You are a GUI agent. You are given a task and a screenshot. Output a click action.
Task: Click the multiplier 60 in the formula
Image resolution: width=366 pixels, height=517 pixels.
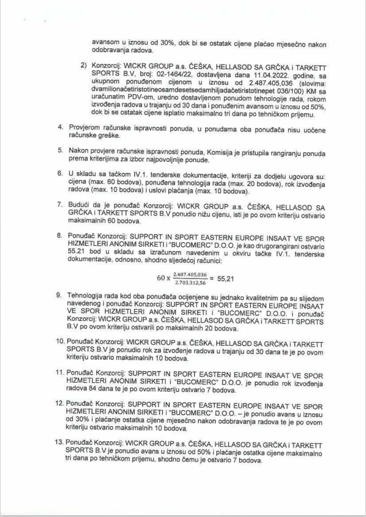[x=161, y=278]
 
